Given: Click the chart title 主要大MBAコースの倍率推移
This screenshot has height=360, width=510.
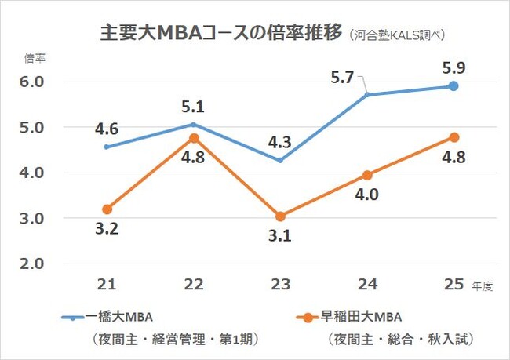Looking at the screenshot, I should tap(221, 33).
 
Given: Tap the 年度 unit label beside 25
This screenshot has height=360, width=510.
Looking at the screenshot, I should tap(482, 286).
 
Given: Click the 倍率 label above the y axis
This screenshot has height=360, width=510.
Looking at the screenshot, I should tap(35, 59).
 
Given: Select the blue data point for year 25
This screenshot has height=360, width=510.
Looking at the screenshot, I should tap(453, 85).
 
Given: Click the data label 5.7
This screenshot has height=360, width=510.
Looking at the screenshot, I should tap(342, 77).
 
